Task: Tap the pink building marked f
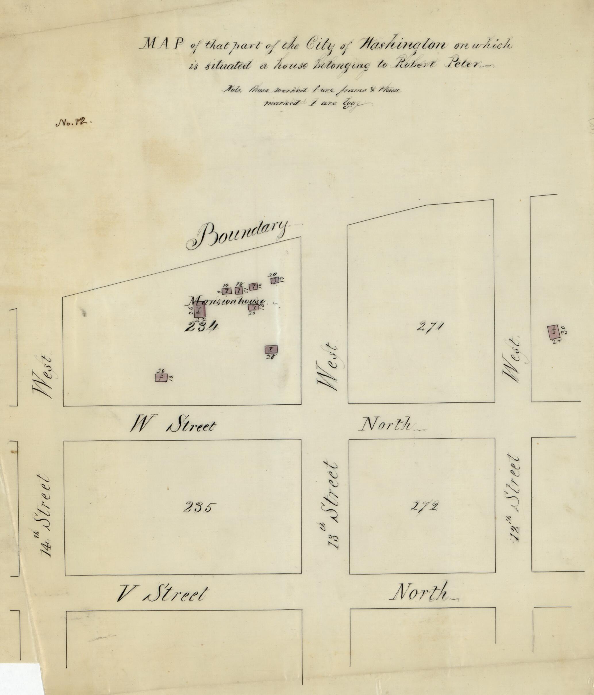coord(161,378)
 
